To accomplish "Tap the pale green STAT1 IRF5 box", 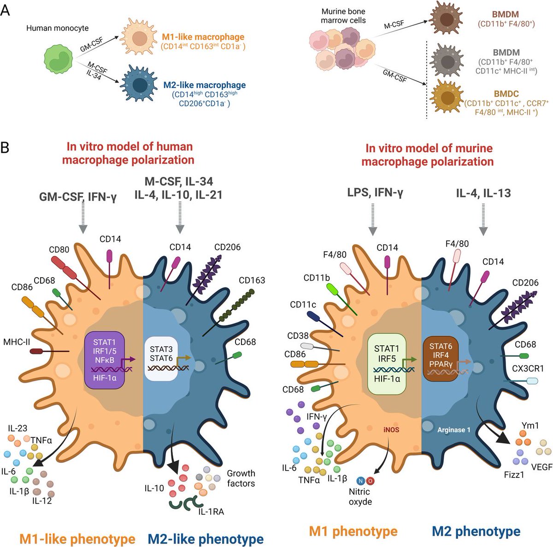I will pyautogui.click(x=387, y=362).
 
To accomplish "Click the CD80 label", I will pyautogui.click(x=59, y=250).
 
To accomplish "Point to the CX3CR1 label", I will pyautogui.click(x=528, y=368).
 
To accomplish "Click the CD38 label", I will pyautogui.click(x=297, y=336).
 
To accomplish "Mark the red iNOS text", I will pyautogui.click(x=390, y=430).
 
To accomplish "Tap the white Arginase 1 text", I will pyautogui.click(x=454, y=430).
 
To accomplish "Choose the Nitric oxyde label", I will pyautogui.click(x=360, y=497).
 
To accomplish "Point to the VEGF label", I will pyautogui.click(x=541, y=466).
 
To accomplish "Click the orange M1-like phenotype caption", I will pyautogui.click(x=77, y=539).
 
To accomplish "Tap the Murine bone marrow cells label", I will pyautogui.click(x=343, y=16).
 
